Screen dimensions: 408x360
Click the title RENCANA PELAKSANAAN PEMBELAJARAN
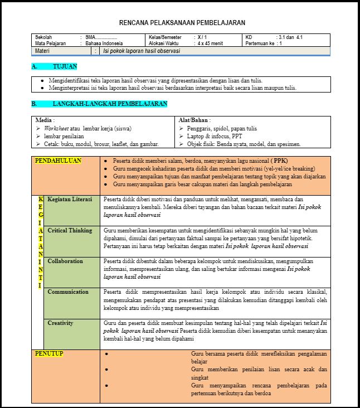(182, 23)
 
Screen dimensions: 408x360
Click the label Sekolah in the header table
(43, 37)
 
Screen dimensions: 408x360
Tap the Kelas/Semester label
(166, 37)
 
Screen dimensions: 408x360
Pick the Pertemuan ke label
(260, 43)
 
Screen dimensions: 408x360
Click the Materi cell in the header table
(42, 51)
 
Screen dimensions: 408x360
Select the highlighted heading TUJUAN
(65, 66)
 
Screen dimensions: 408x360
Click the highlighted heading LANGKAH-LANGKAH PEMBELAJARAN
(110, 104)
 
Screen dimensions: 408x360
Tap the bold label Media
(45, 120)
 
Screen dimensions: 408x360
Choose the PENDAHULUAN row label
(58, 161)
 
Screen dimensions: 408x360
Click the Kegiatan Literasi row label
(70, 199)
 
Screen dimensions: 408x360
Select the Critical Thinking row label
(70, 230)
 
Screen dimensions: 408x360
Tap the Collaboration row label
(65, 261)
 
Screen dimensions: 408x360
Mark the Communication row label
(68, 292)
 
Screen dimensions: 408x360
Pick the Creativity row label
(60, 323)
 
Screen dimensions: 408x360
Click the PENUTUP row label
(49, 353)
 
